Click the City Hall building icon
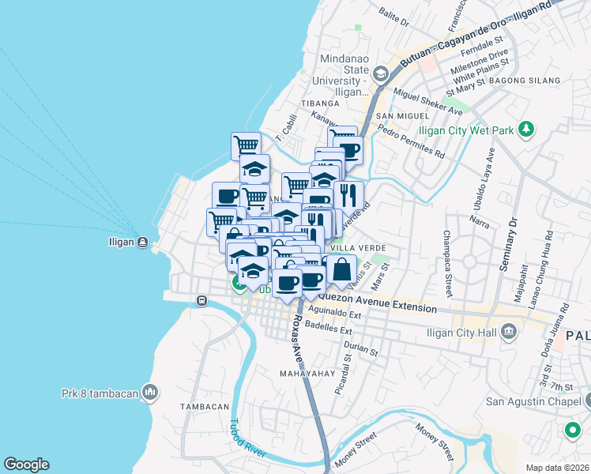(509, 332)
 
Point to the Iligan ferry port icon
(141, 242)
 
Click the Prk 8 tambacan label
(100, 393)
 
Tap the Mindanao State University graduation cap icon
(381, 74)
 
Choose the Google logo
(26, 465)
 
